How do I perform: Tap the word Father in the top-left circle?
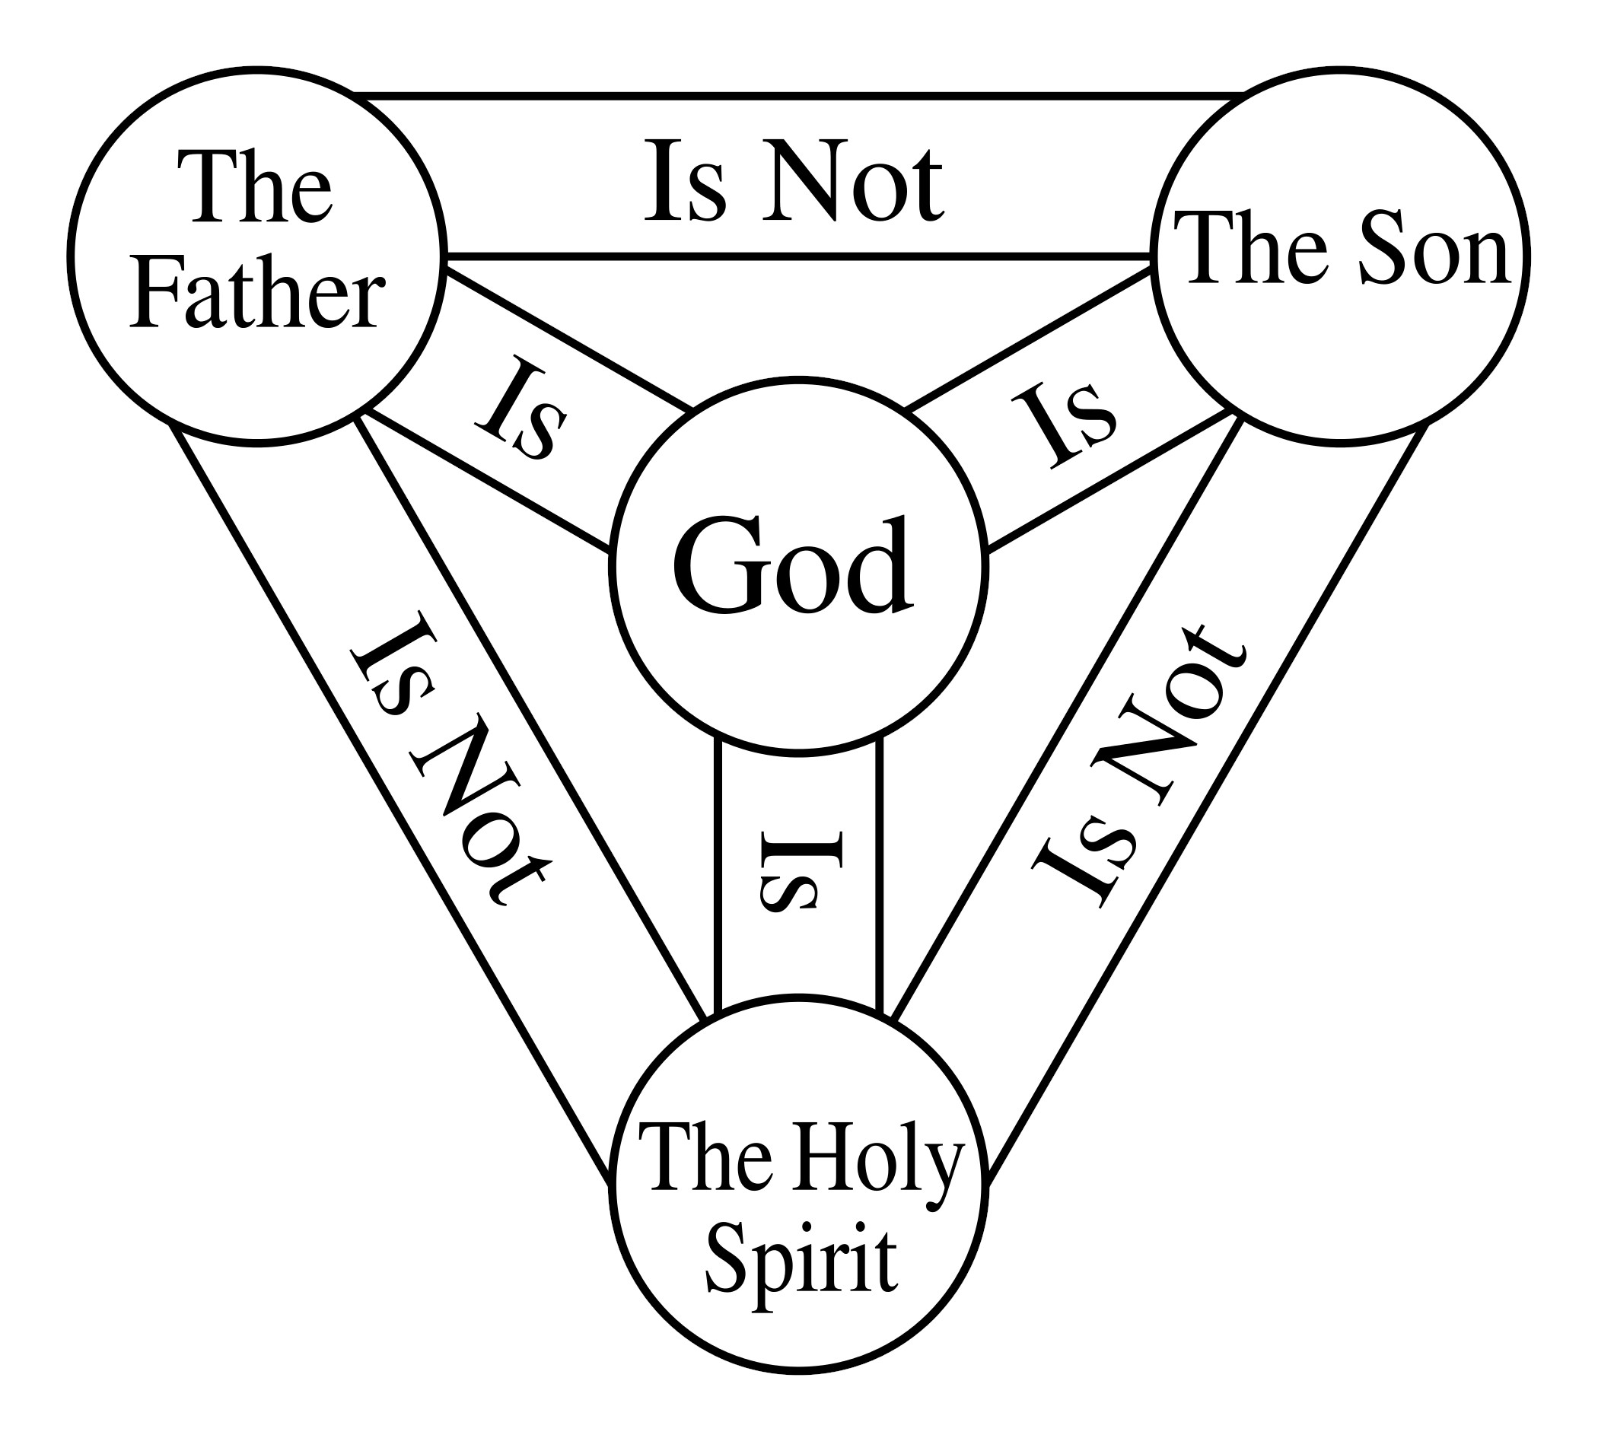[257, 294]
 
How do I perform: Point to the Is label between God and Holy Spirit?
[800, 870]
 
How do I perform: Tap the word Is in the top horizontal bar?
[684, 181]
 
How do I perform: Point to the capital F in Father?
[157, 294]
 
